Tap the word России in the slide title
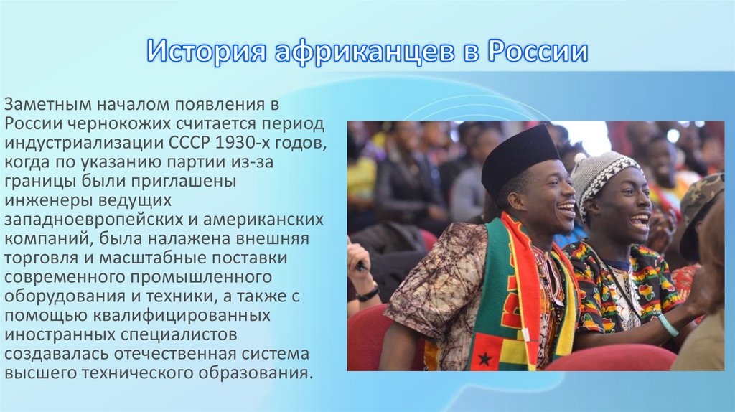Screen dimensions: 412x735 [538, 52]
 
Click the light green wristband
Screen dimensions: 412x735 [668, 325]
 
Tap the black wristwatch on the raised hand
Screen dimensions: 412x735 [369, 293]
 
